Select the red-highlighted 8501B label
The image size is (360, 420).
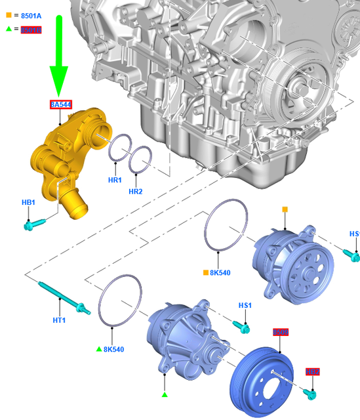(31, 30)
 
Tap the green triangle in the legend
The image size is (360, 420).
(8, 30)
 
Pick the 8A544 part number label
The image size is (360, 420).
(61, 104)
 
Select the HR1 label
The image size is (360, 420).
(115, 180)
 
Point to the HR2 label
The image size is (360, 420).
(136, 192)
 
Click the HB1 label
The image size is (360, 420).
(28, 203)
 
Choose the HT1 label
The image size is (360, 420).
(59, 320)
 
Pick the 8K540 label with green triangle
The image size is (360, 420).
(113, 349)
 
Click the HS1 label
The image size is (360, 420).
(245, 306)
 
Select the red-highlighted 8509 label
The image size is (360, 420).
(281, 332)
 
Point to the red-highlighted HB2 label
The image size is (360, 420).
(313, 372)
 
